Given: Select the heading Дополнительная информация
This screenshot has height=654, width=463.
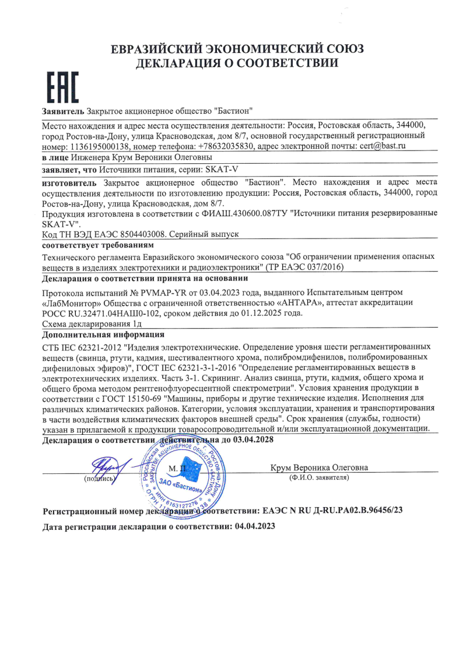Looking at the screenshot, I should coord(104,335).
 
